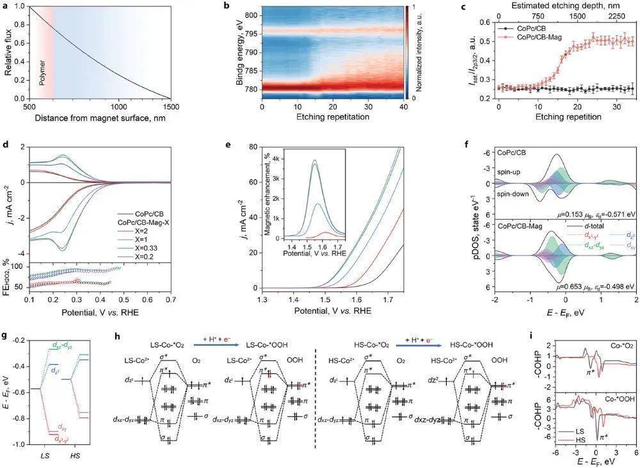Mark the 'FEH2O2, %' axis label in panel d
coord(8,275)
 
